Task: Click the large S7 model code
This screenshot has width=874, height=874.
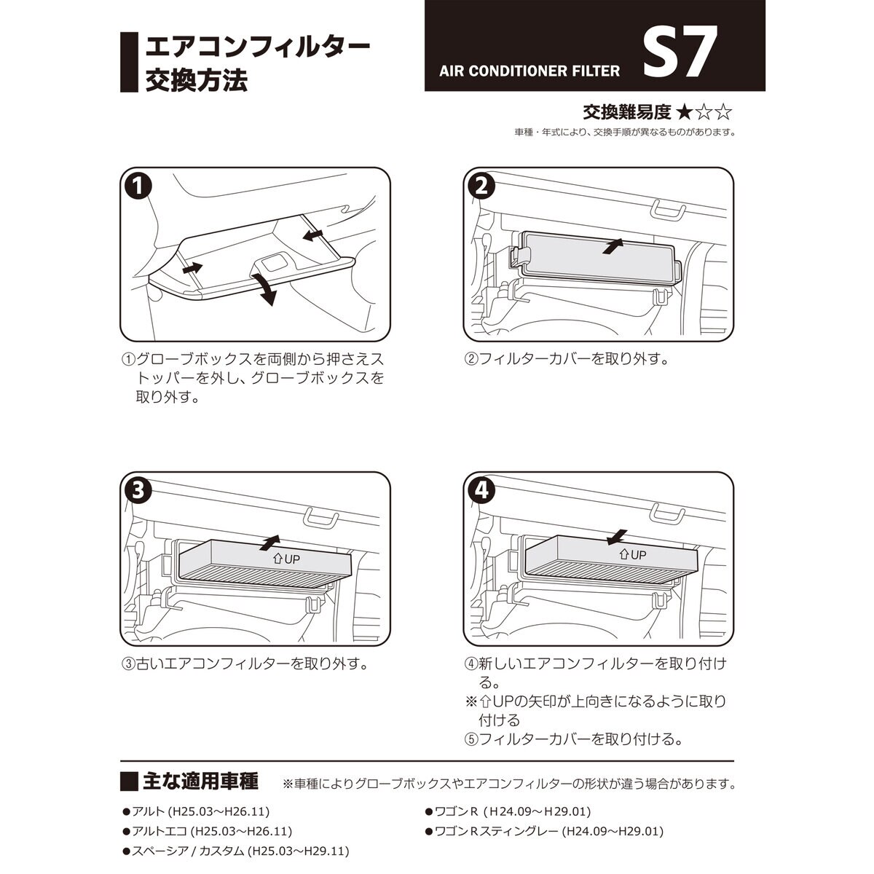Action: click(x=675, y=54)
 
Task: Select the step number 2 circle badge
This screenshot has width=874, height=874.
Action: click(x=481, y=186)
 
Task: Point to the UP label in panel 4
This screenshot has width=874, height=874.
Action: click(x=632, y=554)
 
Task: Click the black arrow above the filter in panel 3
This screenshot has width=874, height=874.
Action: click(x=270, y=541)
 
